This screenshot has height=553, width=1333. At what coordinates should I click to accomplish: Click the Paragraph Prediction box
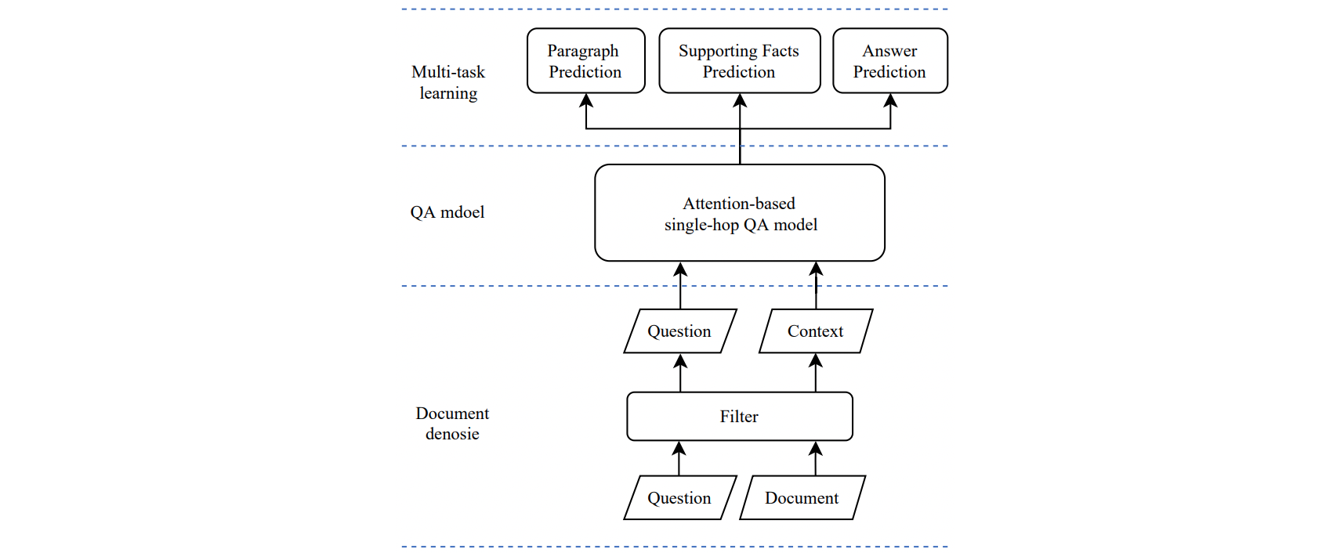click(585, 61)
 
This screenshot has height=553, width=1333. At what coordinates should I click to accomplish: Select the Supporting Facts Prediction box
click(739, 61)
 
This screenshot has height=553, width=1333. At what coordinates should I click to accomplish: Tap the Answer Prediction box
click(889, 61)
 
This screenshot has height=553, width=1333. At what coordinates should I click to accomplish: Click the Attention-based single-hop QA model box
click(739, 213)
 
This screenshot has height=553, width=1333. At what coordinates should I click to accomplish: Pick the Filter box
click(739, 417)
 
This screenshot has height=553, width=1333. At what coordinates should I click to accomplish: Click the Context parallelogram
click(815, 331)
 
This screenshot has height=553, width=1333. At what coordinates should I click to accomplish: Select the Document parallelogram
click(802, 498)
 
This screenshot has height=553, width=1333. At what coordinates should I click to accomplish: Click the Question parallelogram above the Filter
click(679, 331)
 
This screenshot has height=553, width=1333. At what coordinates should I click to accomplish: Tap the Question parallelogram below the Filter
click(679, 498)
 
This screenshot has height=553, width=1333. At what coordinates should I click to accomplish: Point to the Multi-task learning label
click(448, 82)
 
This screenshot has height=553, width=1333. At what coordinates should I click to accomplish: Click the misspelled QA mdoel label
click(447, 212)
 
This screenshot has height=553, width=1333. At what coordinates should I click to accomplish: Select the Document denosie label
click(452, 424)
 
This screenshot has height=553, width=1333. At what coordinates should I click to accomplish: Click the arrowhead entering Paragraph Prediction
click(586, 100)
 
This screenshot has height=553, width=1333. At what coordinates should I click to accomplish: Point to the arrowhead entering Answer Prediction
click(890, 100)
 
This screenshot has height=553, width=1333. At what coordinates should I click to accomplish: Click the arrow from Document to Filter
click(816, 459)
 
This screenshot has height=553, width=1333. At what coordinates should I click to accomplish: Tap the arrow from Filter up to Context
click(816, 374)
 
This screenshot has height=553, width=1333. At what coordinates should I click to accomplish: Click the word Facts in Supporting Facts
click(780, 51)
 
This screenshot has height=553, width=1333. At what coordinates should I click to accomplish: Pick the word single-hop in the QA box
click(701, 226)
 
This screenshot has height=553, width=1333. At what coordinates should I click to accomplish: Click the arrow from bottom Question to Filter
click(679, 459)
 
